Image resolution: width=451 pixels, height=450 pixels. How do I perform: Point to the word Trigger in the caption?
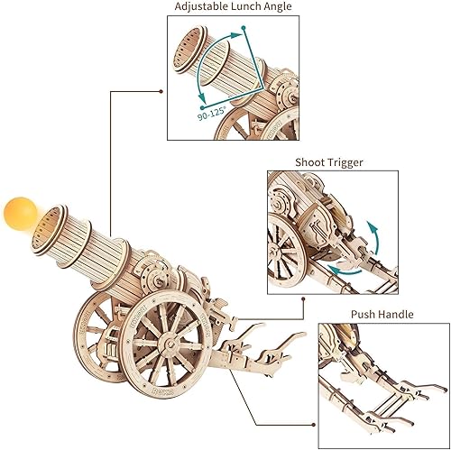352,163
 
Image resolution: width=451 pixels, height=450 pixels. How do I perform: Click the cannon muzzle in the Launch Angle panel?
191,46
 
